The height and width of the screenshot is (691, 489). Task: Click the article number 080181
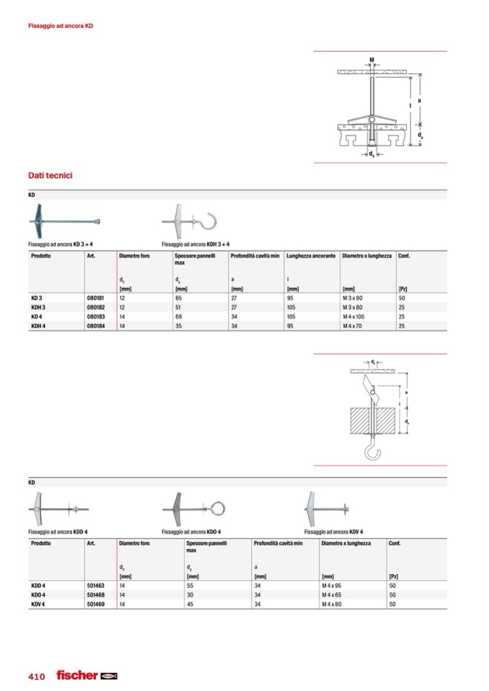pos(95,298)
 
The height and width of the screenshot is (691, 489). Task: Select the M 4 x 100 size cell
pos(353,316)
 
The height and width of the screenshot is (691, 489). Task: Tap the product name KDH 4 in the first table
pos(38,326)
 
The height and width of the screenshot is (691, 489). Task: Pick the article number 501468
pos(96,595)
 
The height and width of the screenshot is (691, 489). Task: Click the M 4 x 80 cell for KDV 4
pos(332,605)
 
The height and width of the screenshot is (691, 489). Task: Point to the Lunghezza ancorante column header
pos(311,256)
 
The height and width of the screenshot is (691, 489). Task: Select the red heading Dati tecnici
pos(50,175)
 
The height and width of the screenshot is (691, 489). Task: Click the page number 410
pos(37,677)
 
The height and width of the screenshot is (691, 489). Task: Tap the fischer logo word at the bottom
pos(77,674)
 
